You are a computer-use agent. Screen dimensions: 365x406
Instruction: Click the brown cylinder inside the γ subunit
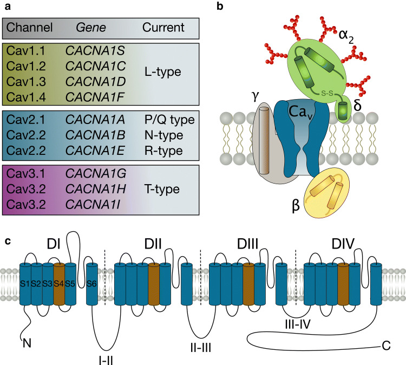264,141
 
